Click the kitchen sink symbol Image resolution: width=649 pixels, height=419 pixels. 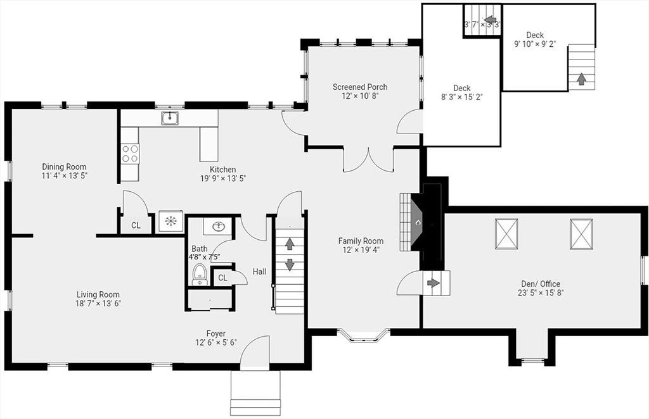[x=170, y=118]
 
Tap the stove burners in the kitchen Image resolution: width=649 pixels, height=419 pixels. [x=130, y=153]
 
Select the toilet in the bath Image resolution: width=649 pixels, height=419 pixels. [x=200, y=275]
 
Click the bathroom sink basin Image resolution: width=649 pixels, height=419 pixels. [x=218, y=227]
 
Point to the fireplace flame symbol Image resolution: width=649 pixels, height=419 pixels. [x=418, y=223]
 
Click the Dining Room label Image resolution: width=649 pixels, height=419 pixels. [x=64, y=167]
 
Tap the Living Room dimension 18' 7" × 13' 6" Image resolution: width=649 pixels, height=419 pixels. [x=98, y=304]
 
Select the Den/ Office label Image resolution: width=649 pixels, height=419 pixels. [x=541, y=284]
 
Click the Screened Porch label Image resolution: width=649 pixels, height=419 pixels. [x=360, y=87]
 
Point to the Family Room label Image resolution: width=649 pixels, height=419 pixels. [x=361, y=241]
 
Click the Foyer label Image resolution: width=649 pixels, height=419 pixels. [x=216, y=334]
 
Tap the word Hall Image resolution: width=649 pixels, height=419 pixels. [x=259, y=272]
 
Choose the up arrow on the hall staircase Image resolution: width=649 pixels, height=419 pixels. [x=290, y=244]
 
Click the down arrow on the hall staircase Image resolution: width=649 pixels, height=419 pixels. [x=290, y=265]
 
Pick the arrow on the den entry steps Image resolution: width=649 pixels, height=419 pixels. [x=434, y=283]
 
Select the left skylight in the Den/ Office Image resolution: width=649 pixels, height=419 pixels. [x=506, y=234]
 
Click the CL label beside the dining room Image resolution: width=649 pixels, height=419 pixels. [x=136, y=225]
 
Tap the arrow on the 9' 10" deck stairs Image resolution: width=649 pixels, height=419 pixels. [x=582, y=78]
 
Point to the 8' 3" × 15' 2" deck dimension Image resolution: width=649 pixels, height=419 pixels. [x=462, y=97]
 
